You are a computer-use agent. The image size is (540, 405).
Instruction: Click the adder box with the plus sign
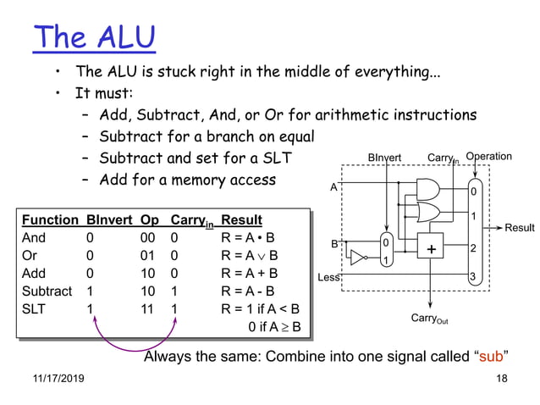(x=431, y=249)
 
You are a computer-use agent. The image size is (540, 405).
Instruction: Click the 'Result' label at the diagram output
(x=520, y=227)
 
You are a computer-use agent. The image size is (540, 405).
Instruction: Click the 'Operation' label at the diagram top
(x=488, y=156)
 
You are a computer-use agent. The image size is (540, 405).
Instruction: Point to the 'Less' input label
(x=328, y=277)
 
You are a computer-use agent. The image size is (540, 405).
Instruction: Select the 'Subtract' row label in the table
(x=47, y=291)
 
